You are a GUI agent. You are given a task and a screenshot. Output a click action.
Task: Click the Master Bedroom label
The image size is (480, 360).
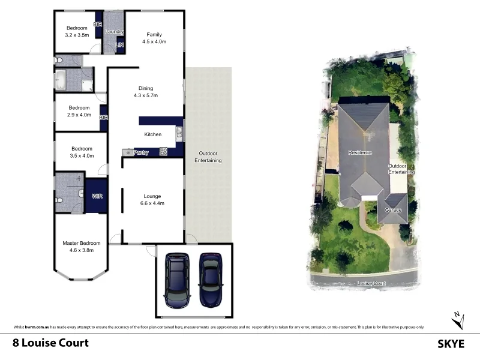click(81, 247)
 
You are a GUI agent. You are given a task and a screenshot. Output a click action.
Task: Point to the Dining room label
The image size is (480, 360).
click(146, 92)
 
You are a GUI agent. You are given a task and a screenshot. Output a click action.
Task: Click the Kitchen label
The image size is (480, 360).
click(153, 134)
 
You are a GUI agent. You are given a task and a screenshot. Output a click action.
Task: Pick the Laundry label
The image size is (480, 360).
click(114, 31)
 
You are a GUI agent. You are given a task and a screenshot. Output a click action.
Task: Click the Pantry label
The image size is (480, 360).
click(141, 152)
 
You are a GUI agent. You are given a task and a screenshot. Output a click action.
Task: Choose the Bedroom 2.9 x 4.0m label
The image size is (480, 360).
click(79, 111)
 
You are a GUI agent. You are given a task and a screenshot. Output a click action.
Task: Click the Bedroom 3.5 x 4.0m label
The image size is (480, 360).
click(82, 152)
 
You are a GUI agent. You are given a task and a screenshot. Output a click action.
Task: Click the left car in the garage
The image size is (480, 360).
click(177, 280)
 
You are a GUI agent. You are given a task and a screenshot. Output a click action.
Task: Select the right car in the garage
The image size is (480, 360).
click(210, 278)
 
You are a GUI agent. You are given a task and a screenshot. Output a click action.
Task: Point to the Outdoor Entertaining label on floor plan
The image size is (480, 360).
click(208, 157)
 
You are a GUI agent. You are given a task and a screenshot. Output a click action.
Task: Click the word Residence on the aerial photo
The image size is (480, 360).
click(360, 153)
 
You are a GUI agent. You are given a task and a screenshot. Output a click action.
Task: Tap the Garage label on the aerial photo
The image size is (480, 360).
click(393, 211)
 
